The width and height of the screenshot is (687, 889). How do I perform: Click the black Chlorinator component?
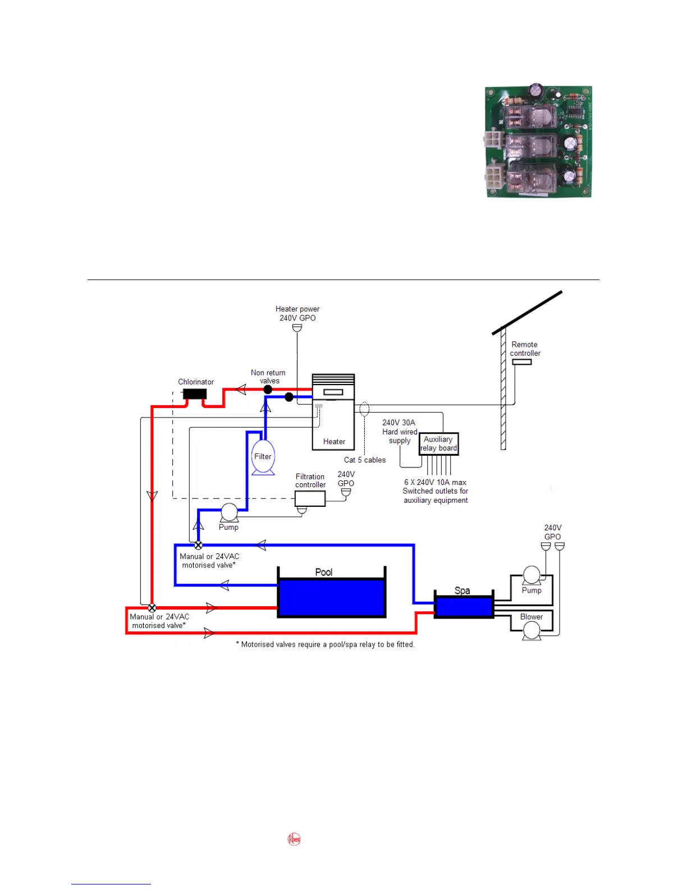point(195,394)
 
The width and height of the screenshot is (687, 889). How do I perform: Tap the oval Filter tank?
point(263,456)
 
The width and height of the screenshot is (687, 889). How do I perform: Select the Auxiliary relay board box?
point(439,444)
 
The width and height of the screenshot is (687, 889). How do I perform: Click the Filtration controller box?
point(310,498)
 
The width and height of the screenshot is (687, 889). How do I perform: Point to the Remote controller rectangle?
point(522,362)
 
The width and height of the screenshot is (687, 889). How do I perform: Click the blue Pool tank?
point(332,598)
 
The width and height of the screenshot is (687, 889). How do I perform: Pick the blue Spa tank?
point(464,607)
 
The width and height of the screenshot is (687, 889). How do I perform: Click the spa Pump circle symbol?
point(532,575)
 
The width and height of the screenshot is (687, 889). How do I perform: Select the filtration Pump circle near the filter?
point(229,512)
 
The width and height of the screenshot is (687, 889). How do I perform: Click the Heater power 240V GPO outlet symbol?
point(297,327)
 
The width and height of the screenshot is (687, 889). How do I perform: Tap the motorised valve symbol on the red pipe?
point(152,608)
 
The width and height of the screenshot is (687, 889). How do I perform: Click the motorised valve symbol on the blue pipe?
point(198,545)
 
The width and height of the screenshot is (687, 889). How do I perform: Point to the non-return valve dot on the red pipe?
point(268,389)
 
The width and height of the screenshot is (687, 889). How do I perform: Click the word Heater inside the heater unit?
point(334,442)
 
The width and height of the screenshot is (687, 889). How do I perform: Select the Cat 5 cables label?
point(365,460)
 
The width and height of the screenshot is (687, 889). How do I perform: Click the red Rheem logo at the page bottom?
point(294,840)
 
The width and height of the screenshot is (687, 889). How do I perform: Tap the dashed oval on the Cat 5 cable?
point(364,409)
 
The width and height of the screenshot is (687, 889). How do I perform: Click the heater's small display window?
point(333,393)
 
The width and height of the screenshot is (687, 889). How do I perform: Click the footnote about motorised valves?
point(325,645)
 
